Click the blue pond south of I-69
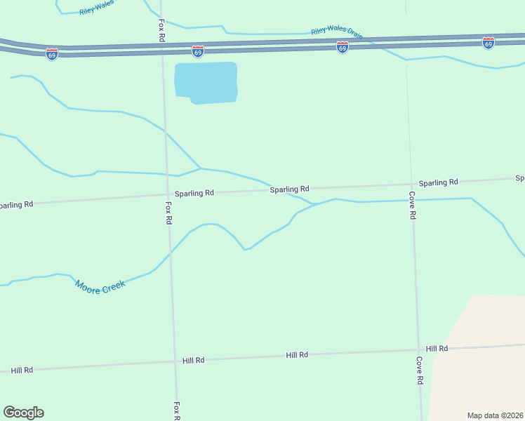205,82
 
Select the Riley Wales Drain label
337,33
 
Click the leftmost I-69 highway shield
52,54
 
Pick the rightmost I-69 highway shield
489,43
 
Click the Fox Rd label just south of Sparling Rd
168,213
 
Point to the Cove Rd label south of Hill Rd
419,370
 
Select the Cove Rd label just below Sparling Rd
413,206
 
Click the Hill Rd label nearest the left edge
22,370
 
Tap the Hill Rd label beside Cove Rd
437,349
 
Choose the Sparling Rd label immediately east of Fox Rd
194,193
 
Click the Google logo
23,413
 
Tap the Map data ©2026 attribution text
495,415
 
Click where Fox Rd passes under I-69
162,48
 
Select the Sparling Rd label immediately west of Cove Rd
290,189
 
